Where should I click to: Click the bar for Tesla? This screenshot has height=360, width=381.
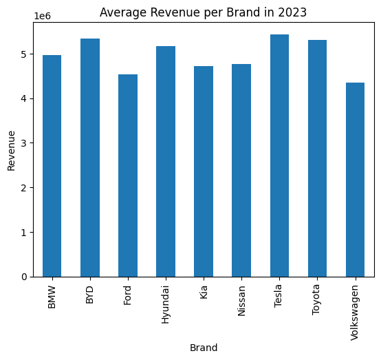[x=279, y=156]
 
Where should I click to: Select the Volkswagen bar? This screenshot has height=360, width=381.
[x=356, y=180]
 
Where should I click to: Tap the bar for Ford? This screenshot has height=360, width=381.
[x=128, y=176]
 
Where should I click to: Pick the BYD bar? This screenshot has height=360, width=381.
[x=90, y=158]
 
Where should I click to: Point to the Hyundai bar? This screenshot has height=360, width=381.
[x=166, y=162]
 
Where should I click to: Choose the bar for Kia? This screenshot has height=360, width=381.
[x=204, y=171]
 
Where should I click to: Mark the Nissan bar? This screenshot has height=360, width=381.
[x=241, y=171]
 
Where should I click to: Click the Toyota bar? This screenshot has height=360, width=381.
[x=317, y=158]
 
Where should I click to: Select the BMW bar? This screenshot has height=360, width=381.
[x=52, y=166]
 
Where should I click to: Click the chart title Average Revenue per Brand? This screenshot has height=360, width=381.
[x=179, y=12]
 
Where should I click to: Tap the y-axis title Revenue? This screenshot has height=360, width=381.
[x=11, y=151]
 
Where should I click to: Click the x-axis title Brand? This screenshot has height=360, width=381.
[x=204, y=348]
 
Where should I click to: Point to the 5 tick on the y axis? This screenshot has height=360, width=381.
[x=23, y=54]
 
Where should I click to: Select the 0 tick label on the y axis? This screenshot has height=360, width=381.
[x=24, y=277]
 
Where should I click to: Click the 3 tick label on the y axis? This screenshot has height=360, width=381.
[x=23, y=143]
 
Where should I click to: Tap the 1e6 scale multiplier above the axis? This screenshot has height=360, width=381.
[x=42, y=17]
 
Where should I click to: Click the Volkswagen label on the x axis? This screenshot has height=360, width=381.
[x=355, y=313]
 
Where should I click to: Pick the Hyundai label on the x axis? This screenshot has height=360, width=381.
[x=165, y=304]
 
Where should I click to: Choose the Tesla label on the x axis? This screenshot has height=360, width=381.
[x=278, y=296]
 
